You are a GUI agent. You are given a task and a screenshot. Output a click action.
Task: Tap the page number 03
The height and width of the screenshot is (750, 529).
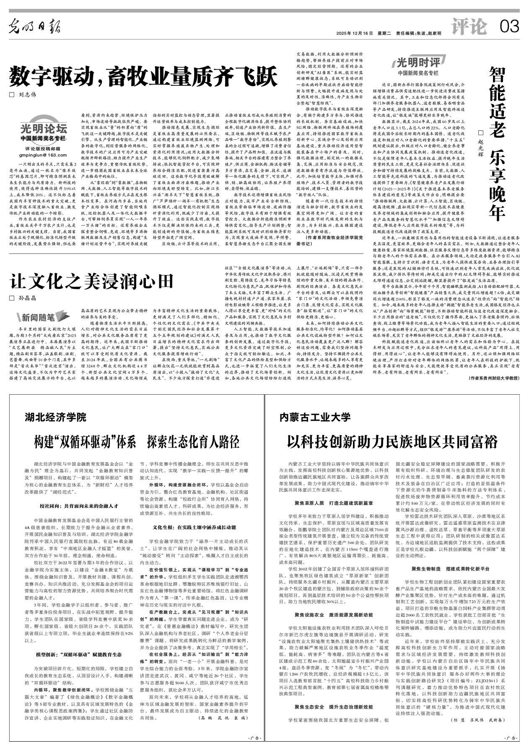pyautogui.click(x=509, y=27)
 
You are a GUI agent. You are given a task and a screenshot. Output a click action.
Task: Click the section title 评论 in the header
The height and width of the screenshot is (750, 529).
pyautogui.click(x=469, y=27)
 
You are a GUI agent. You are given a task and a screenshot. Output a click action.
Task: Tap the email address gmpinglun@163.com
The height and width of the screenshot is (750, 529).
pyautogui.click(x=43, y=155)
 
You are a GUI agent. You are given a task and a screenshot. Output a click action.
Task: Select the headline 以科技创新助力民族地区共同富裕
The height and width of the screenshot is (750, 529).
pyautogui.click(x=392, y=442)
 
